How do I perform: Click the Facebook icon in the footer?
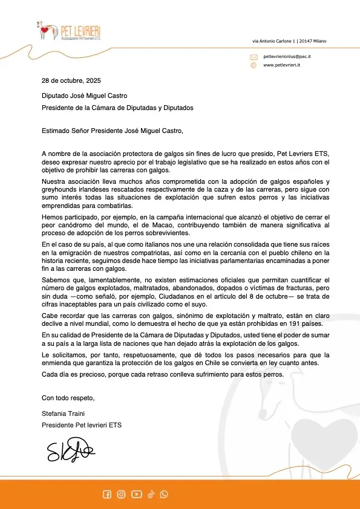pyautogui.click(x=107, y=494)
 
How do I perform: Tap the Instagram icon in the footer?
pyautogui.click(x=121, y=494)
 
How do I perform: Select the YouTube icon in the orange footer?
pyautogui.click(x=136, y=494)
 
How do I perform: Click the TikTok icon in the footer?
pyautogui.click(x=151, y=494)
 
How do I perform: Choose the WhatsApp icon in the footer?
pyautogui.click(x=164, y=494)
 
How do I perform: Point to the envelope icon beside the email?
pyautogui.click(x=254, y=56)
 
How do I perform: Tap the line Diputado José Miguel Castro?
pyautogui.click(x=84, y=96)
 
